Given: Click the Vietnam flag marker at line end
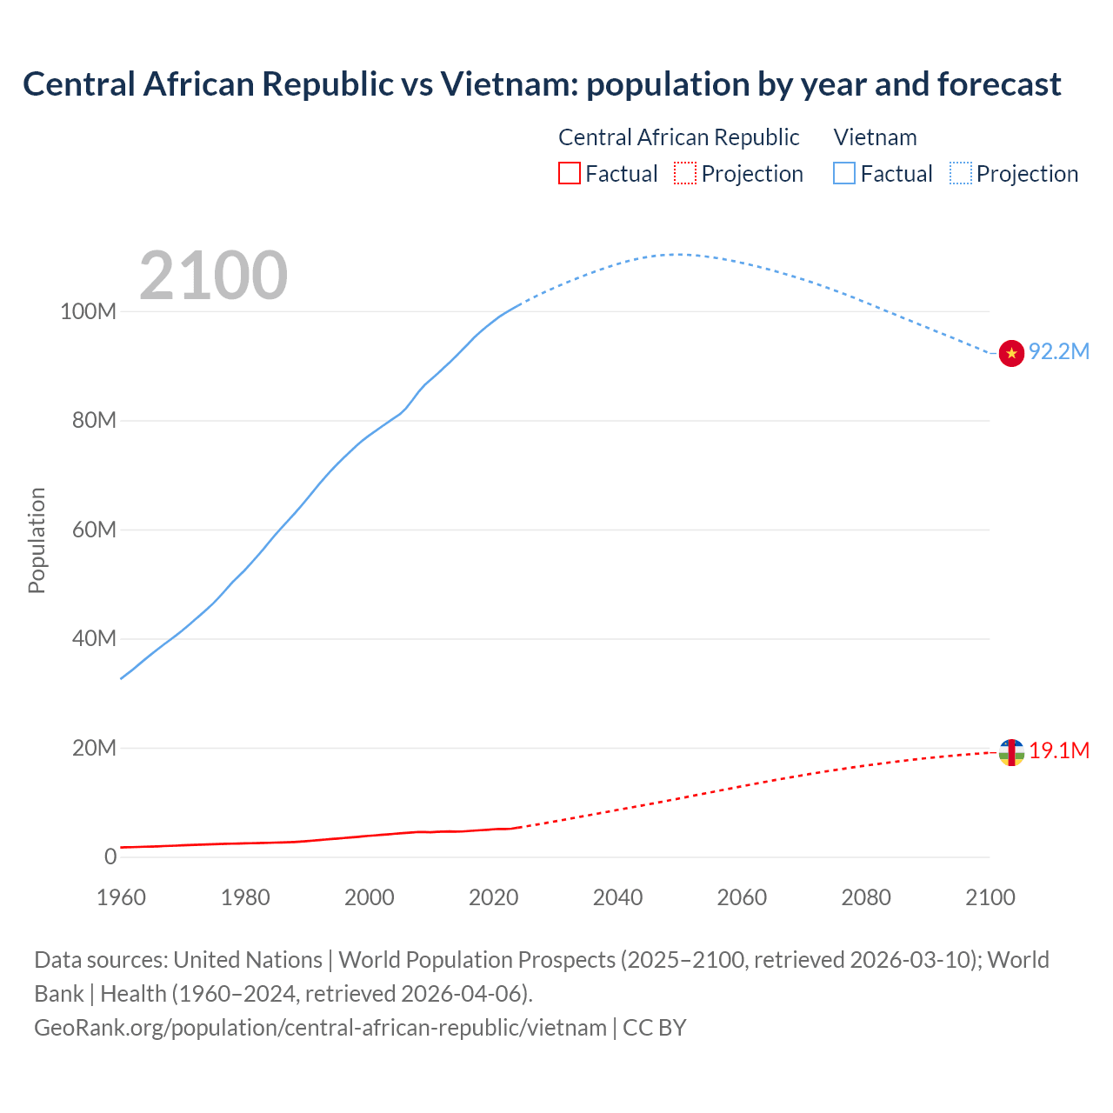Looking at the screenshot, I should click(1011, 353).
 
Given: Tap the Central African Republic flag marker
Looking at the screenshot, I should click(1011, 752).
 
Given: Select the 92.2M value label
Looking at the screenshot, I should click(1059, 351).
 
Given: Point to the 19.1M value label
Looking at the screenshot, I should click(1059, 750).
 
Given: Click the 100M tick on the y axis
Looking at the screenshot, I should click(88, 311).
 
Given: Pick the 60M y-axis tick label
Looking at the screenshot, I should click(93, 530).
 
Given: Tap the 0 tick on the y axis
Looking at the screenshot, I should click(110, 856).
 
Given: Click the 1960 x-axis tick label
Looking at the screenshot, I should click(121, 897).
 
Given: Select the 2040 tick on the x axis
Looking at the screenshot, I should click(617, 897).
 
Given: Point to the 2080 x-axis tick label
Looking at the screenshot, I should click(866, 897).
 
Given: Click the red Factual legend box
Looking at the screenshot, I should click(569, 174).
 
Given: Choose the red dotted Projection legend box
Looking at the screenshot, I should click(685, 174).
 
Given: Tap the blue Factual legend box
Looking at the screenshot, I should click(844, 174).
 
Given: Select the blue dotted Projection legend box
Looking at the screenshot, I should click(961, 174).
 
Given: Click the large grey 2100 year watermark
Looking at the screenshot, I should click(213, 276).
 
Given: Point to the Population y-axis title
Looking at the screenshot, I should click(37, 540).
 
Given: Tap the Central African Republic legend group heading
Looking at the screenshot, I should click(678, 137).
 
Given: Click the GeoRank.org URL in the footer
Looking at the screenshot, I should click(320, 1027).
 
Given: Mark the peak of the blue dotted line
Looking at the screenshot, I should click(676, 254).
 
